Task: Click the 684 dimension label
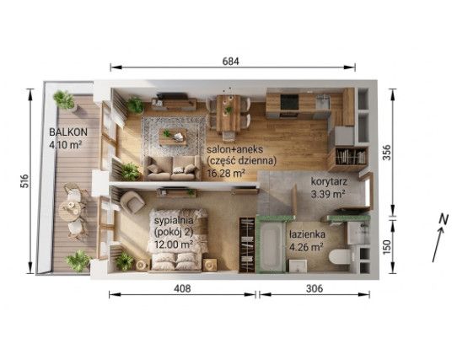pyautogui.click(x=230, y=62)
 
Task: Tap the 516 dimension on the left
pyautogui.click(x=24, y=180)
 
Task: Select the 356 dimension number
pyautogui.click(x=387, y=153)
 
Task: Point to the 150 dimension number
pyautogui.click(x=387, y=247)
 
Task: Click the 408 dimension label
pyautogui.click(x=182, y=288)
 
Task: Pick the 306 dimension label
pyautogui.click(x=315, y=288)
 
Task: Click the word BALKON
pyautogui.click(x=68, y=132)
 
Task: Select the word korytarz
pyautogui.click(x=329, y=181)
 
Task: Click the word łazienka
pyautogui.click(x=307, y=234)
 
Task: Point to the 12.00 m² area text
pyautogui.click(x=174, y=244)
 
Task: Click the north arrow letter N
pyautogui.click(x=444, y=219)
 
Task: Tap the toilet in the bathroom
pyautogui.click(x=339, y=257)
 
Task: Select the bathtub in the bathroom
pyautogui.click(x=271, y=247)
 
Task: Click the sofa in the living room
pyautogui.click(x=172, y=168)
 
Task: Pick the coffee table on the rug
pyautogui.click(x=173, y=137)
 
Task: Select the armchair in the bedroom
pyautogui.click(x=132, y=201)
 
